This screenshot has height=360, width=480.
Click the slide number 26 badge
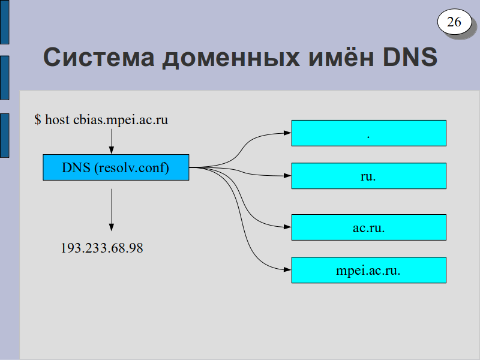(x=455, y=22)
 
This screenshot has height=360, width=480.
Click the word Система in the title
(x=99, y=57)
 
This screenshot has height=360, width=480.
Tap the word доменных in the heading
(x=231, y=58)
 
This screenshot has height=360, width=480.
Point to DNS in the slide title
(x=410, y=57)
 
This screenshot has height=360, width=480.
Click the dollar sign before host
(x=38, y=119)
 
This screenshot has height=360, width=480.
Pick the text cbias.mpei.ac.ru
(x=121, y=119)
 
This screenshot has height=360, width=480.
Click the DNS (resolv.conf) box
(x=116, y=167)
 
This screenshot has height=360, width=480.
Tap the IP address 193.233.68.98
(x=102, y=248)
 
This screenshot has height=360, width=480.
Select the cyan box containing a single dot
(x=369, y=133)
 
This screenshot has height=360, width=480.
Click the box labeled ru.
(x=369, y=176)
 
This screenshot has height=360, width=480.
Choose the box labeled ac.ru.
(x=369, y=227)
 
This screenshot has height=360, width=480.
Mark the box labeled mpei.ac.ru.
(x=369, y=270)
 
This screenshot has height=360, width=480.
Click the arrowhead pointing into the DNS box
(x=112, y=150)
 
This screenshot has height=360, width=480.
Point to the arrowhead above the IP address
(x=112, y=227)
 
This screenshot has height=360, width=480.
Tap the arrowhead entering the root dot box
(x=287, y=133)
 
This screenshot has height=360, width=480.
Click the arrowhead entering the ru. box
(x=287, y=176)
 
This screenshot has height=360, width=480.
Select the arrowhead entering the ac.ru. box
(x=287, y=227)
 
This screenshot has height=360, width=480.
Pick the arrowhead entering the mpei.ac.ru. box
(x=287, y=269)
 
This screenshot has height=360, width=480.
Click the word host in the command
(x=57, y=119)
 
